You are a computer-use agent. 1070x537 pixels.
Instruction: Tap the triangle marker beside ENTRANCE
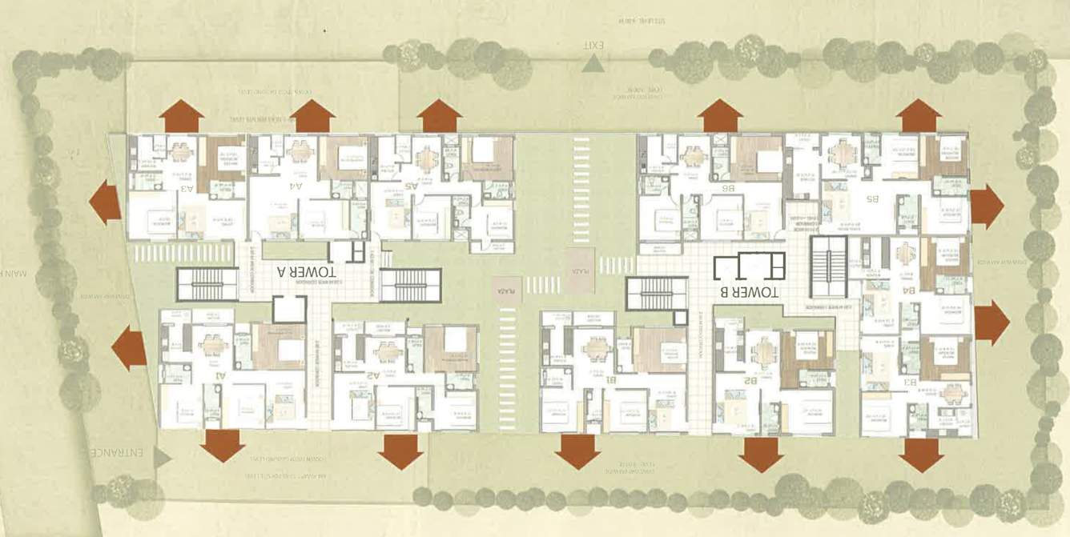(x=163, y=457)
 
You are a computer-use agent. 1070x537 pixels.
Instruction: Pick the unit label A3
(x=187, y=189)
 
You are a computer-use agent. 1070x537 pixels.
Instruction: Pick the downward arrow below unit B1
(x=577, y=451)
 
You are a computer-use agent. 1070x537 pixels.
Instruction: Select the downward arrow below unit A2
(x=400, y=451)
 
